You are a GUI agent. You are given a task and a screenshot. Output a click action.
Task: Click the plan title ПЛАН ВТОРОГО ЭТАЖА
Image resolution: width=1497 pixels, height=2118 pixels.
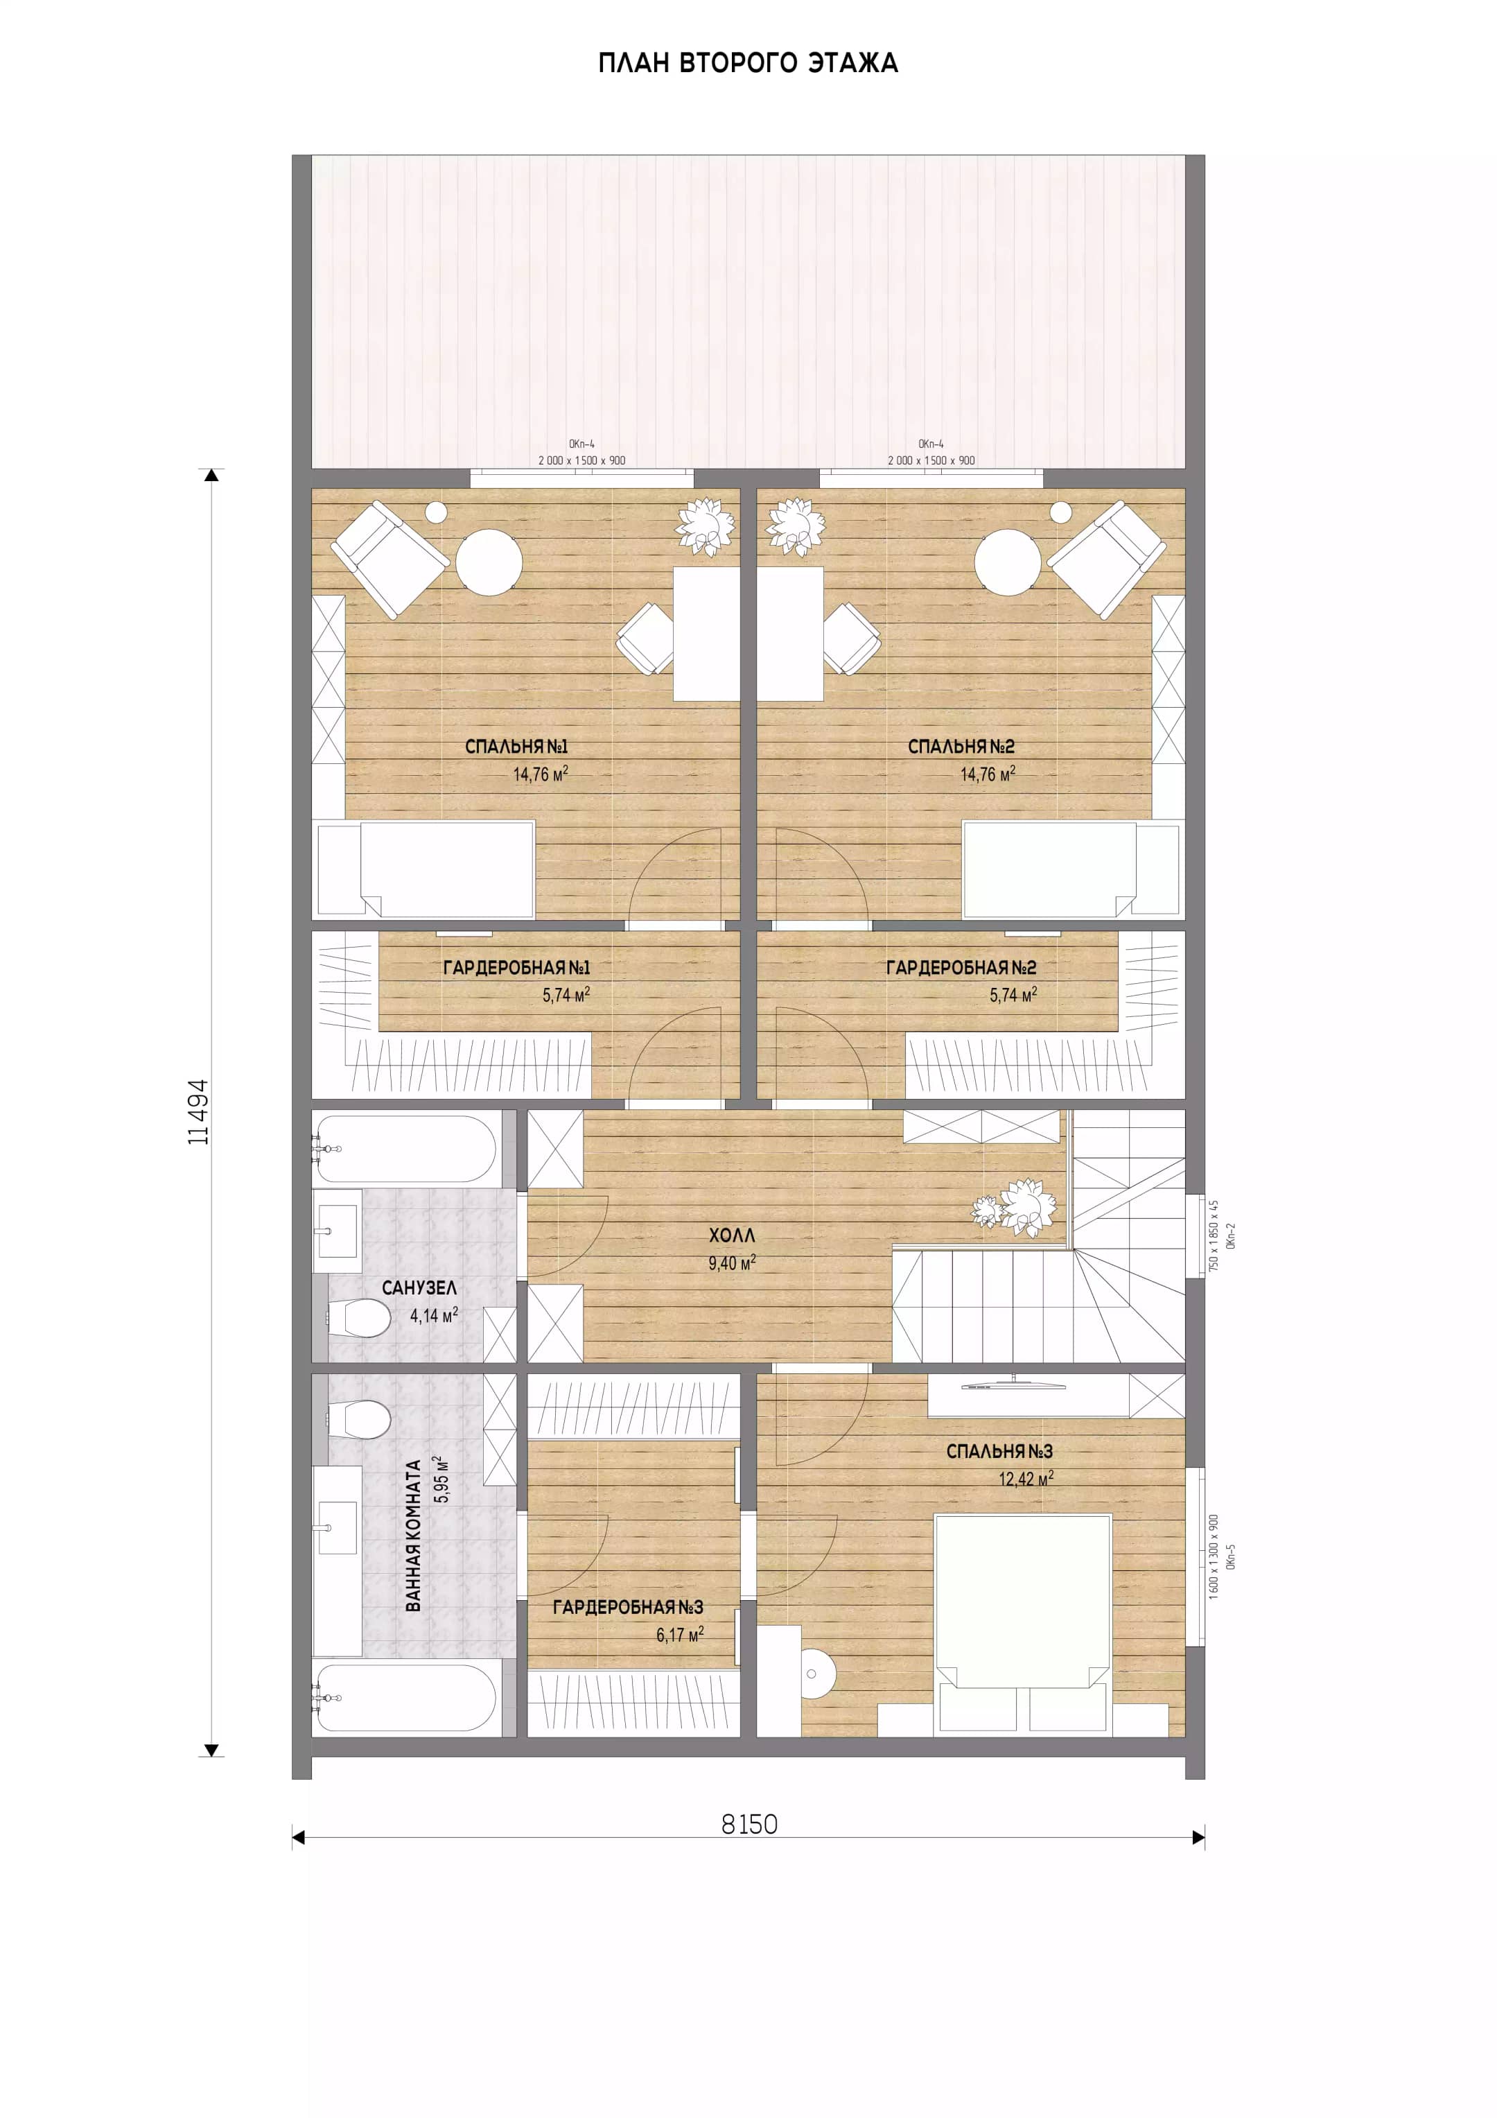pos(748,62)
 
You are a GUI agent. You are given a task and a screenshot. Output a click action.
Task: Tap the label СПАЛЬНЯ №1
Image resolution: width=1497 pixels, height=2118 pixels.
pos(516,746)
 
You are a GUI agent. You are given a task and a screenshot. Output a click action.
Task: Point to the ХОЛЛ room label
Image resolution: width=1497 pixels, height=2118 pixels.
pos(731,1234)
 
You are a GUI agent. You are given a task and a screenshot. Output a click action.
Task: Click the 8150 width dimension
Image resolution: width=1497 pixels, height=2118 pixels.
pos(749,1824)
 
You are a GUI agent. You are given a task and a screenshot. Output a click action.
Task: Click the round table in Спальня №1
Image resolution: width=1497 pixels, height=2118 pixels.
pos(489,562)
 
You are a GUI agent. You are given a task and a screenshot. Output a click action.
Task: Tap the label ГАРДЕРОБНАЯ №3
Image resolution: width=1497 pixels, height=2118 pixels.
pos(627,1607)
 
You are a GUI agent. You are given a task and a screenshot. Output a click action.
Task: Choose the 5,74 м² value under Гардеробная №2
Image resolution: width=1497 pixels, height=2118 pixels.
pos(1013,994)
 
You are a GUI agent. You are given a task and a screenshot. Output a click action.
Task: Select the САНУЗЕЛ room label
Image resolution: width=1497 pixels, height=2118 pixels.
pos(419,1287)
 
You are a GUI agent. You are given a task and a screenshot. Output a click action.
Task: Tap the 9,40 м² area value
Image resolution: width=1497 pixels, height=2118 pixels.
pos(731,1262)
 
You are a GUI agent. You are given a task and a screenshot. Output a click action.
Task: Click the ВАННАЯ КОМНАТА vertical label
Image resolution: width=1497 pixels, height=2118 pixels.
pos(413,1535)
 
